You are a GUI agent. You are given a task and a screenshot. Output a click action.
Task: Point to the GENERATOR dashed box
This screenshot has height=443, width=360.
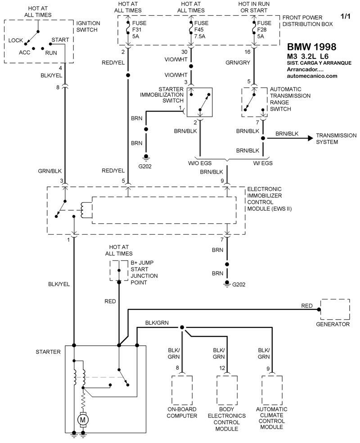[334, 309]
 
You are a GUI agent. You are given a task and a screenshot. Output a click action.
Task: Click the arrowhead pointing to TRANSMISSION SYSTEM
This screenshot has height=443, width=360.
[310, 138]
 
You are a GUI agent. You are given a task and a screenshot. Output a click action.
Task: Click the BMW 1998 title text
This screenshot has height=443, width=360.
[311, 46]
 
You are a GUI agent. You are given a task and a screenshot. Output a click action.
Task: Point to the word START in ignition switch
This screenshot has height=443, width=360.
[60, 40]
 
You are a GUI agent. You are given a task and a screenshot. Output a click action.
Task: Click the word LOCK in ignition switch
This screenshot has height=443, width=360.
[16, 40]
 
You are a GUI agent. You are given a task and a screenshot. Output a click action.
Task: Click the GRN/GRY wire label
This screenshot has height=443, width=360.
[238, 63]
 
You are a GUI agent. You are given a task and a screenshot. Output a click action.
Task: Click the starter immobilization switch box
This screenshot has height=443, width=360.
[200, 103]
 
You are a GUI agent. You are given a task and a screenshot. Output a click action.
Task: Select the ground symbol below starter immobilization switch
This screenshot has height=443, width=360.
[146, 157]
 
